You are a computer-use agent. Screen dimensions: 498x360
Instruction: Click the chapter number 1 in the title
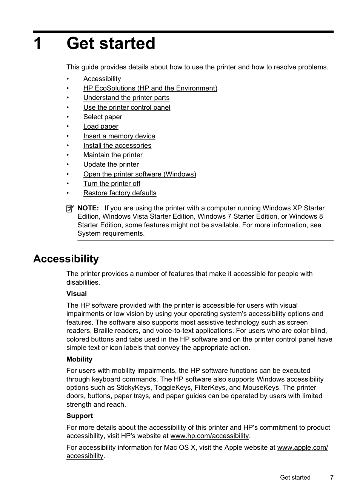38,44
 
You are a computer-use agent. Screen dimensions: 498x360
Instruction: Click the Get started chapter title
111,44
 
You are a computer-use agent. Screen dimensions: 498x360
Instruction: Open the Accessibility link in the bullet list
102,79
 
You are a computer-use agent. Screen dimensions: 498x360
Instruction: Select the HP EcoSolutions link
150,88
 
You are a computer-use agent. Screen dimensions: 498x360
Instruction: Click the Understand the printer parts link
126,98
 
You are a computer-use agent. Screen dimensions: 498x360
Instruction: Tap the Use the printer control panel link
126,107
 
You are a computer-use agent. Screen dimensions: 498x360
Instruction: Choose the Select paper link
103,117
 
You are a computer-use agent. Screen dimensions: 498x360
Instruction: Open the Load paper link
101,126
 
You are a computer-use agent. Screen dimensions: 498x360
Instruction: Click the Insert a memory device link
119,136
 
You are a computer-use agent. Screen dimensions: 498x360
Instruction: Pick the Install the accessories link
117,146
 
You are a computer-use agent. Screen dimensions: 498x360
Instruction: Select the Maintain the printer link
113,155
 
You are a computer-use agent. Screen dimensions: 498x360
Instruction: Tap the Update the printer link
111,164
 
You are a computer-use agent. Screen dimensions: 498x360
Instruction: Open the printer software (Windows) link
140,174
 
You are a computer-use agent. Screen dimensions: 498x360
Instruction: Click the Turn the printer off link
112,184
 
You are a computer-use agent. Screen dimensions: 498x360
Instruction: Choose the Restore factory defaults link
120,193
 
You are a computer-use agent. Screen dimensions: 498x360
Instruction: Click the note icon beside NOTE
70,208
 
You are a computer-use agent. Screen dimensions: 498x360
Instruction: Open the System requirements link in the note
110,233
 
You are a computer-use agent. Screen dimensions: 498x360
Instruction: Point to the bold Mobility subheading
79,359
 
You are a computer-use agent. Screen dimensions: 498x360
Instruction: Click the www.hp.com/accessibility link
209,436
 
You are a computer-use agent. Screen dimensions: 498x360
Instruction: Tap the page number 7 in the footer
332,477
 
